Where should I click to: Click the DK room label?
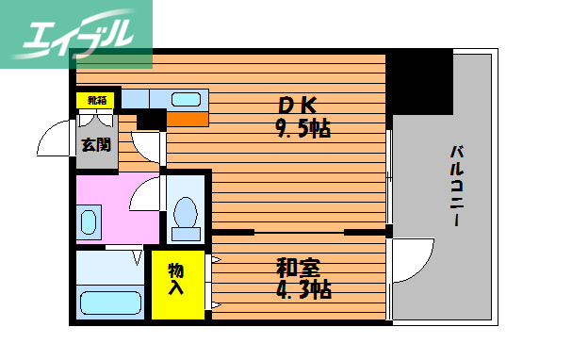(x=294, y=105)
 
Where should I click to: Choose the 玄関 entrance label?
(x=95, y=144)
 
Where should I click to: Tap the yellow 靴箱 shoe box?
(x=97, y=99)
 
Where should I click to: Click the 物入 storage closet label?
(x=176, y=279)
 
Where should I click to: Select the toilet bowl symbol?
(x=186, y=215)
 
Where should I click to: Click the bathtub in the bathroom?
(x=110, y=303)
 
